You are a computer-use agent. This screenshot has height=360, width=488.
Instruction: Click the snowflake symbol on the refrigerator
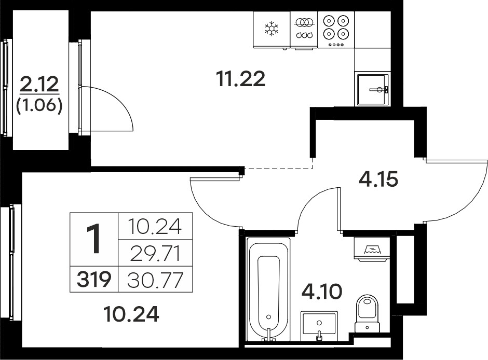pos(272,29)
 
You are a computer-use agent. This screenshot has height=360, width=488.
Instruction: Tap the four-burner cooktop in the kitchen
pos(336,30)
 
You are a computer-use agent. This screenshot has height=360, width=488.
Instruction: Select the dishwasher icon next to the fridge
pos(304,30)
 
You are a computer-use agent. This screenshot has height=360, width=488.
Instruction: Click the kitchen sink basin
pos(372,90)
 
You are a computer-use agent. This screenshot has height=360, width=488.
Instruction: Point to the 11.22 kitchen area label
pos(241,79)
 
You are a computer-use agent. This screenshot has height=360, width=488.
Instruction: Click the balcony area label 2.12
pos(39,84)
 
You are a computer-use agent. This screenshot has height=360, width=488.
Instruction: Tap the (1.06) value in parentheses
pos(39,106)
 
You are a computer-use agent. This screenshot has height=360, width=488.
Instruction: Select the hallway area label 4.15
pos(378,179)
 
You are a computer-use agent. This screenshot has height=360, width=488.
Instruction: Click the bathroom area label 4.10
pos(322,292)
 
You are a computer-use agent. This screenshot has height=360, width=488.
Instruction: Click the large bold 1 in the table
pos(93,239)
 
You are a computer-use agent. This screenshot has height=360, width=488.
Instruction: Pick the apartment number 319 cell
pos(94,279)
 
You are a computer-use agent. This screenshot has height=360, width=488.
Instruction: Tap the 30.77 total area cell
pos(155,280)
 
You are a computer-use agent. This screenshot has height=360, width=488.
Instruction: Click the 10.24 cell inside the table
pos(155,227)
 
